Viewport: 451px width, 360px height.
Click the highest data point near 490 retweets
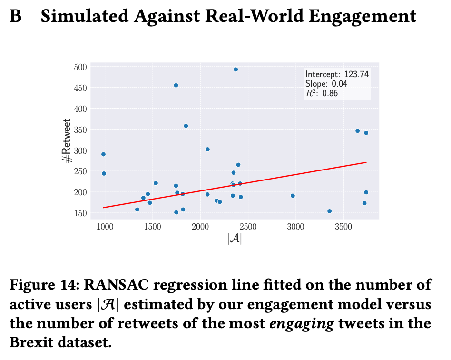235,70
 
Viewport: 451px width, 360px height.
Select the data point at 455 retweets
176,85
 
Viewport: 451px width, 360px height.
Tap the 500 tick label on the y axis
80,67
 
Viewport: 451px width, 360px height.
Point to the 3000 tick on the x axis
295,226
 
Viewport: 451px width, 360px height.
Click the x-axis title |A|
235,239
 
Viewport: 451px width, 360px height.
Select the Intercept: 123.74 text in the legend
337,74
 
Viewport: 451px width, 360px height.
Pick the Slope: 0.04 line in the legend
326,84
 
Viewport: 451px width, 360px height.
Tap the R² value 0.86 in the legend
330,93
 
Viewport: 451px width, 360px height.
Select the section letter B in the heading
16,17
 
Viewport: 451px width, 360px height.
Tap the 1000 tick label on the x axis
105,226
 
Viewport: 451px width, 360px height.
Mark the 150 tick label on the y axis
80,213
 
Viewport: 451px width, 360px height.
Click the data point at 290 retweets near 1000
103,154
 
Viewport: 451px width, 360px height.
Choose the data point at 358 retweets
186,126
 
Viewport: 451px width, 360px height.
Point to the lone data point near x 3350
329,211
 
